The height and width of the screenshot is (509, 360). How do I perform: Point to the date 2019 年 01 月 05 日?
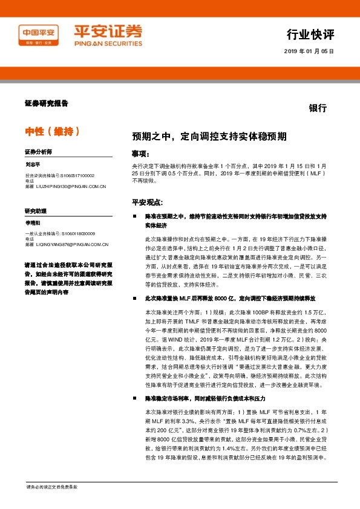pyautogui.click(x=309, y=51)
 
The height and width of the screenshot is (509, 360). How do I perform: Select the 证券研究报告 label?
pyautogui.click(x=47, y=103)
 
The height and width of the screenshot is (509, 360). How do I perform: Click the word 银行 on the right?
pyautogui.click(x=318, y=109)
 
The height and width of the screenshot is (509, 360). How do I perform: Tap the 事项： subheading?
pyautogui.click(x=140, y=154)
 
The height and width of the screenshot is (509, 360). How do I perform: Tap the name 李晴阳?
pyautogui.click(x=33, y=223)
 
